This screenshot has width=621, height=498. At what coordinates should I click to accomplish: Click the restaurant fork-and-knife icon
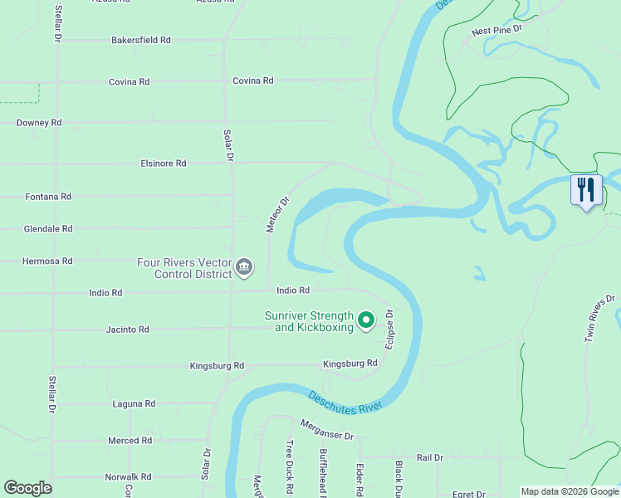(586, 191)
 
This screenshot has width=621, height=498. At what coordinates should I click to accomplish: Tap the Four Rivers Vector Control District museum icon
(244, 267)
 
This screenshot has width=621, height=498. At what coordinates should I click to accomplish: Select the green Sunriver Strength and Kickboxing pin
(366, 320)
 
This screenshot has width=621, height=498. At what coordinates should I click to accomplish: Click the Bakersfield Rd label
(141, 40)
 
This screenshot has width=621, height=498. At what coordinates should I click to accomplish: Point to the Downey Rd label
(39, 123)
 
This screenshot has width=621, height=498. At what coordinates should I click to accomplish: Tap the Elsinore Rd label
(164, 164)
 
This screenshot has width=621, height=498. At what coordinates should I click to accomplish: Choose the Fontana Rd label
(48, 197)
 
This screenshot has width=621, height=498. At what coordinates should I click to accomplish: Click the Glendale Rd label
(48, 228)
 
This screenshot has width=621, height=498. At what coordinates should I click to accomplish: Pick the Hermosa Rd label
(48, 261)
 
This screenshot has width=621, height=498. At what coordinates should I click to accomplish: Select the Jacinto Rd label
(128, 330)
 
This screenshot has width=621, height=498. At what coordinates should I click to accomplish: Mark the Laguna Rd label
(134, 404)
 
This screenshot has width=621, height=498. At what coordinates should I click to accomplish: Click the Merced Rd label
(130, 441)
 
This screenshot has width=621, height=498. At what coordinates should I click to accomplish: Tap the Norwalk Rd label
(128, 477)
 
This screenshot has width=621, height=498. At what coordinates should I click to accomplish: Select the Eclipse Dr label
(389, 330)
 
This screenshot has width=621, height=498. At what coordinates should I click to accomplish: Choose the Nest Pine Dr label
(496, 31)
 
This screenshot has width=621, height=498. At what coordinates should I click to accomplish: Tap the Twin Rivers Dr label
(600, 318)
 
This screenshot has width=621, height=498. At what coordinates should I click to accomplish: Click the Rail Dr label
(430, 457)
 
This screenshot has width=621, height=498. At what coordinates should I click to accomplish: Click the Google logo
(27, 488)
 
